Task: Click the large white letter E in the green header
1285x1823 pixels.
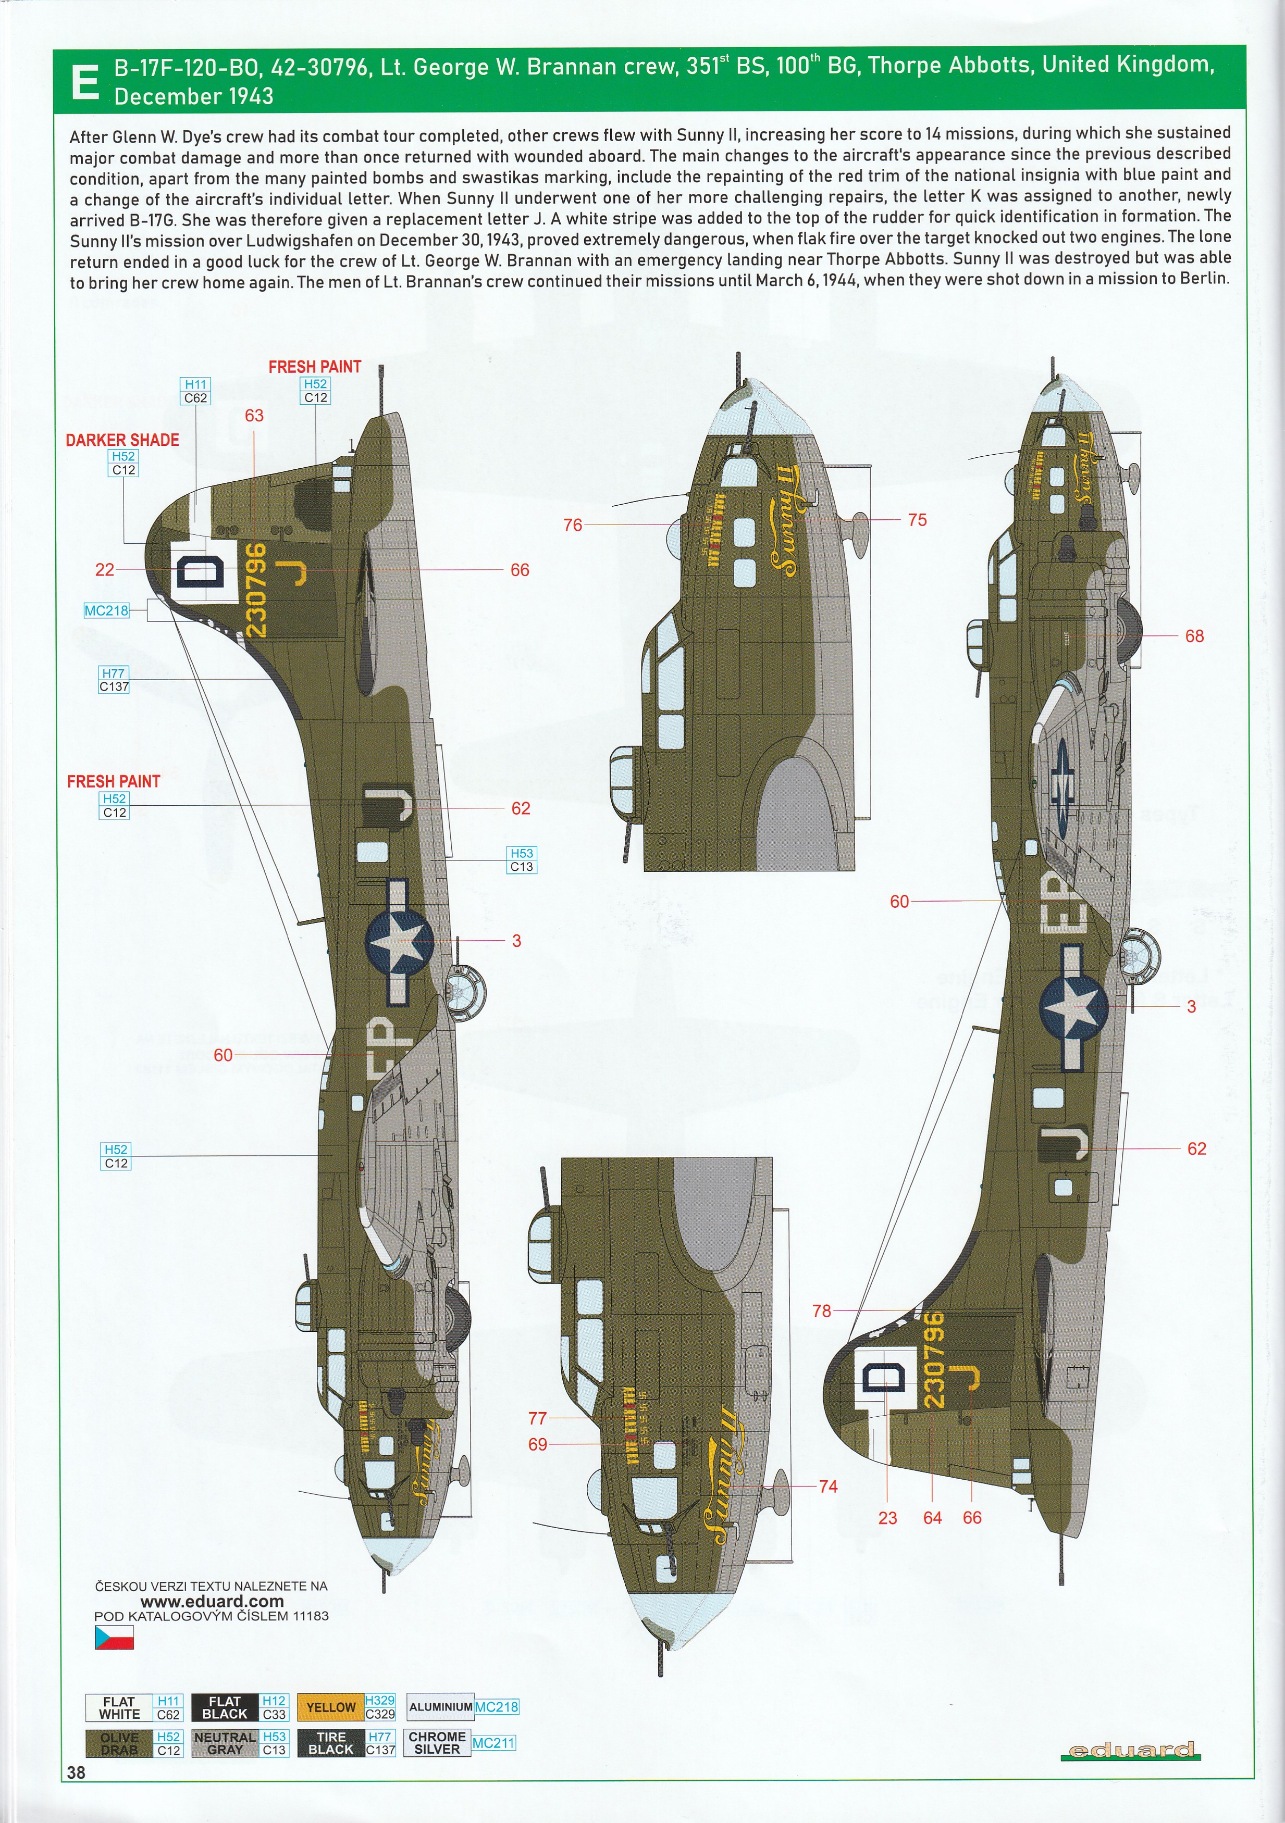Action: pyautogui.click(x=84, y=83)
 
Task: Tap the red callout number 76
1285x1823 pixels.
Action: pyautogui.click(x=573, y=525)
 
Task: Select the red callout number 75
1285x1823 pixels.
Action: pyautogui.click(x=917, y=520)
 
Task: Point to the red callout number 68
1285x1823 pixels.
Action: pyautogui.click(x=1194, y=636)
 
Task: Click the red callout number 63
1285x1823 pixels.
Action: pyautogui.click(x=254, y=415)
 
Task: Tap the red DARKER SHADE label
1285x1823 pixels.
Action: pyautogui.click(x=122, y=440)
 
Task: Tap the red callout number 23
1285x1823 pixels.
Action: pyautogui.click(x=888, y=1518)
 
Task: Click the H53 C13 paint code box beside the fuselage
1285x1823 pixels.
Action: pyautogui.click(x=522, y=860)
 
